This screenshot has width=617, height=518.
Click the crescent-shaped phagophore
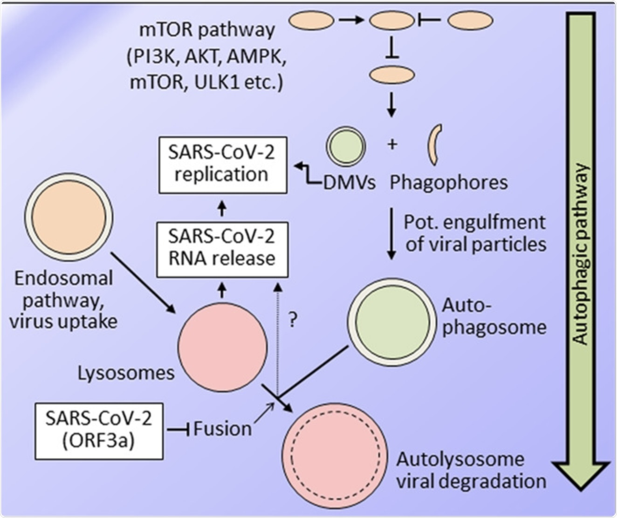[435, 144]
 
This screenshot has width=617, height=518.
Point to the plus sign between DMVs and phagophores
[392, 144]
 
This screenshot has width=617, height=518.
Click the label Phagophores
[448, 183]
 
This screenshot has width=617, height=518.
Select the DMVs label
[350, 183]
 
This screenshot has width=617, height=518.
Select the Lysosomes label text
[126, 373]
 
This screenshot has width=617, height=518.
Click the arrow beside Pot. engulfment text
[392, 235]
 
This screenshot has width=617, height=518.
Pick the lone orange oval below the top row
[392, 75]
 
